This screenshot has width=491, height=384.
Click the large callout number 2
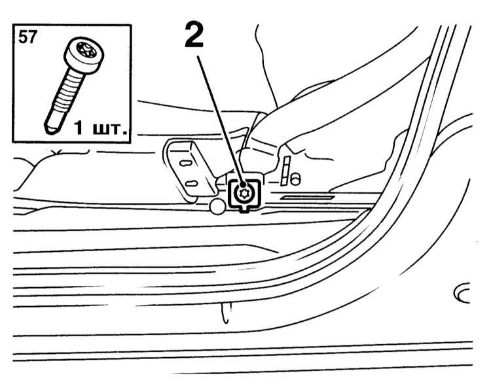tap(194, 35)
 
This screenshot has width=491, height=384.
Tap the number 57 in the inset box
tap(27, 37)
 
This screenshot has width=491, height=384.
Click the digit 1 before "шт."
tap(79, 128)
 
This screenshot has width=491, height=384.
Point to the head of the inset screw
tap(84, 56)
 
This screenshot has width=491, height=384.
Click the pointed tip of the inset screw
tap(50, 130)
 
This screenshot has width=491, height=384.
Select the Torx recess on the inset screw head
tap(86, 50)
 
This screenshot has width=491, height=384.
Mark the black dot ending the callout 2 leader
tap(243, 185)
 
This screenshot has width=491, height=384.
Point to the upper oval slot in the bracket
tap(186, 163)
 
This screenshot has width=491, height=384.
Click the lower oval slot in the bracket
tap(191, 183)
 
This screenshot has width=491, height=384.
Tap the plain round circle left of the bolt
tap(217, 206)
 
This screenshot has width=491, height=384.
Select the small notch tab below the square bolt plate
tap(244, 210)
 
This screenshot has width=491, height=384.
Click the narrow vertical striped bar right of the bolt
tap(285, 171)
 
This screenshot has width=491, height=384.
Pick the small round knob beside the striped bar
tap(295, 179)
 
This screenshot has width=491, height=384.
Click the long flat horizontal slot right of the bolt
tap(307, 198)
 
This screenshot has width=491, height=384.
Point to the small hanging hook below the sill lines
tap(226, 313)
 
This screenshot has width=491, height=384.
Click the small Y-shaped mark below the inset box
tap(56, 152)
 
